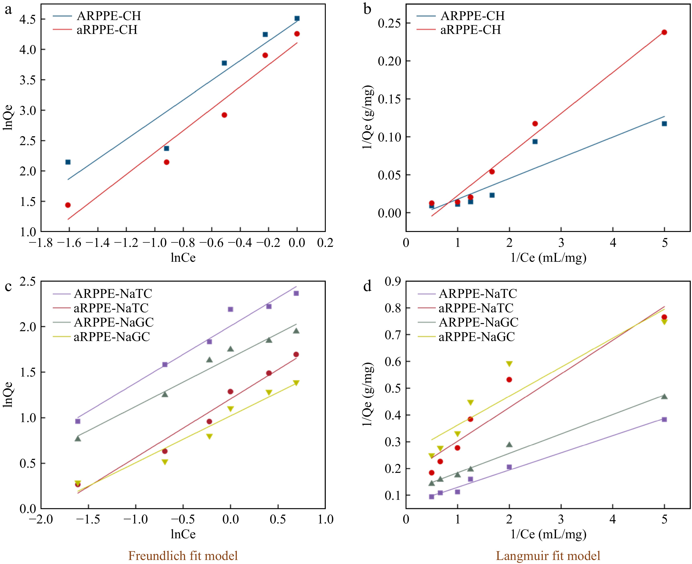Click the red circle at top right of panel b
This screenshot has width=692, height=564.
(664, 32)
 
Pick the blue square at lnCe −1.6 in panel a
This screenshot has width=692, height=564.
(68, 162)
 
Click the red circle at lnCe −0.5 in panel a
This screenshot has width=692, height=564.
(224, 115)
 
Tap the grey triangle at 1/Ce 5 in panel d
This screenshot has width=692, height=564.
(664, 396)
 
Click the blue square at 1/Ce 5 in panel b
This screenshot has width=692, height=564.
(664, 123)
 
